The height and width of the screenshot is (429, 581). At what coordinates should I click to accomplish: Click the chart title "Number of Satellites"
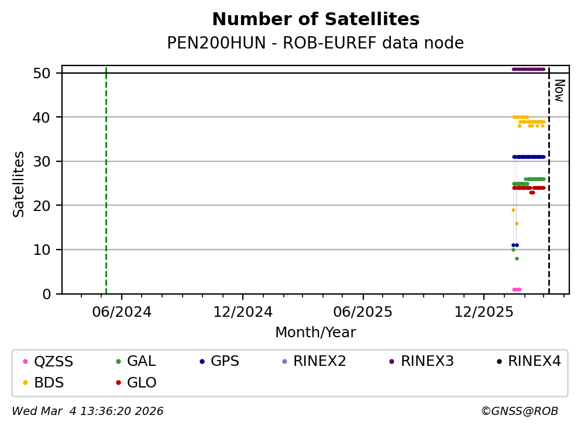(315, 20)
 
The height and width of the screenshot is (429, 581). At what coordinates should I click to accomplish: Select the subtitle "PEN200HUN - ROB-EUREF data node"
(315, 43)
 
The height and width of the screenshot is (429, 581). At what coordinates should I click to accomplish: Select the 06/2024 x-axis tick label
(122, 312)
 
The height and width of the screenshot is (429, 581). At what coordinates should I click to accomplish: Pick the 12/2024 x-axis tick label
(243, 312)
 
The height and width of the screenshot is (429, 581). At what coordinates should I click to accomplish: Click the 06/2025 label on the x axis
(363, 312)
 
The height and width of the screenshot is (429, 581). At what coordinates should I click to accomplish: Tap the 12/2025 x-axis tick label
(483, 312)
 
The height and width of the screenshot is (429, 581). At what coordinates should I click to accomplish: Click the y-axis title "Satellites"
(19, 184)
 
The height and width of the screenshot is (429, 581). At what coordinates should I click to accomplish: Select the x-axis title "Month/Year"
(315, 333)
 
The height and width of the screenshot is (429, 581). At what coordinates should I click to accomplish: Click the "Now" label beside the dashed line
(559, 91)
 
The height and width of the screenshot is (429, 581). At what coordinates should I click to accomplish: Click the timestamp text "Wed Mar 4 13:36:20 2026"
(88, 411)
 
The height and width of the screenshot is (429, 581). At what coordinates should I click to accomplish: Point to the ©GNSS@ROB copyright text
(520, 411)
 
